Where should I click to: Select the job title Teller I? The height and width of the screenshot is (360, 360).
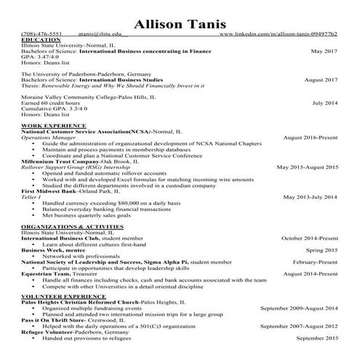pyautogui.click(x=31, y=196)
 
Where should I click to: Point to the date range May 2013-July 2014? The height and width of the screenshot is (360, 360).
pyautogui.click(x=310, y=196)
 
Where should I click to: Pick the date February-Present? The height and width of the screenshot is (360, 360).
pyautogui.click(x=316, y=261)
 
